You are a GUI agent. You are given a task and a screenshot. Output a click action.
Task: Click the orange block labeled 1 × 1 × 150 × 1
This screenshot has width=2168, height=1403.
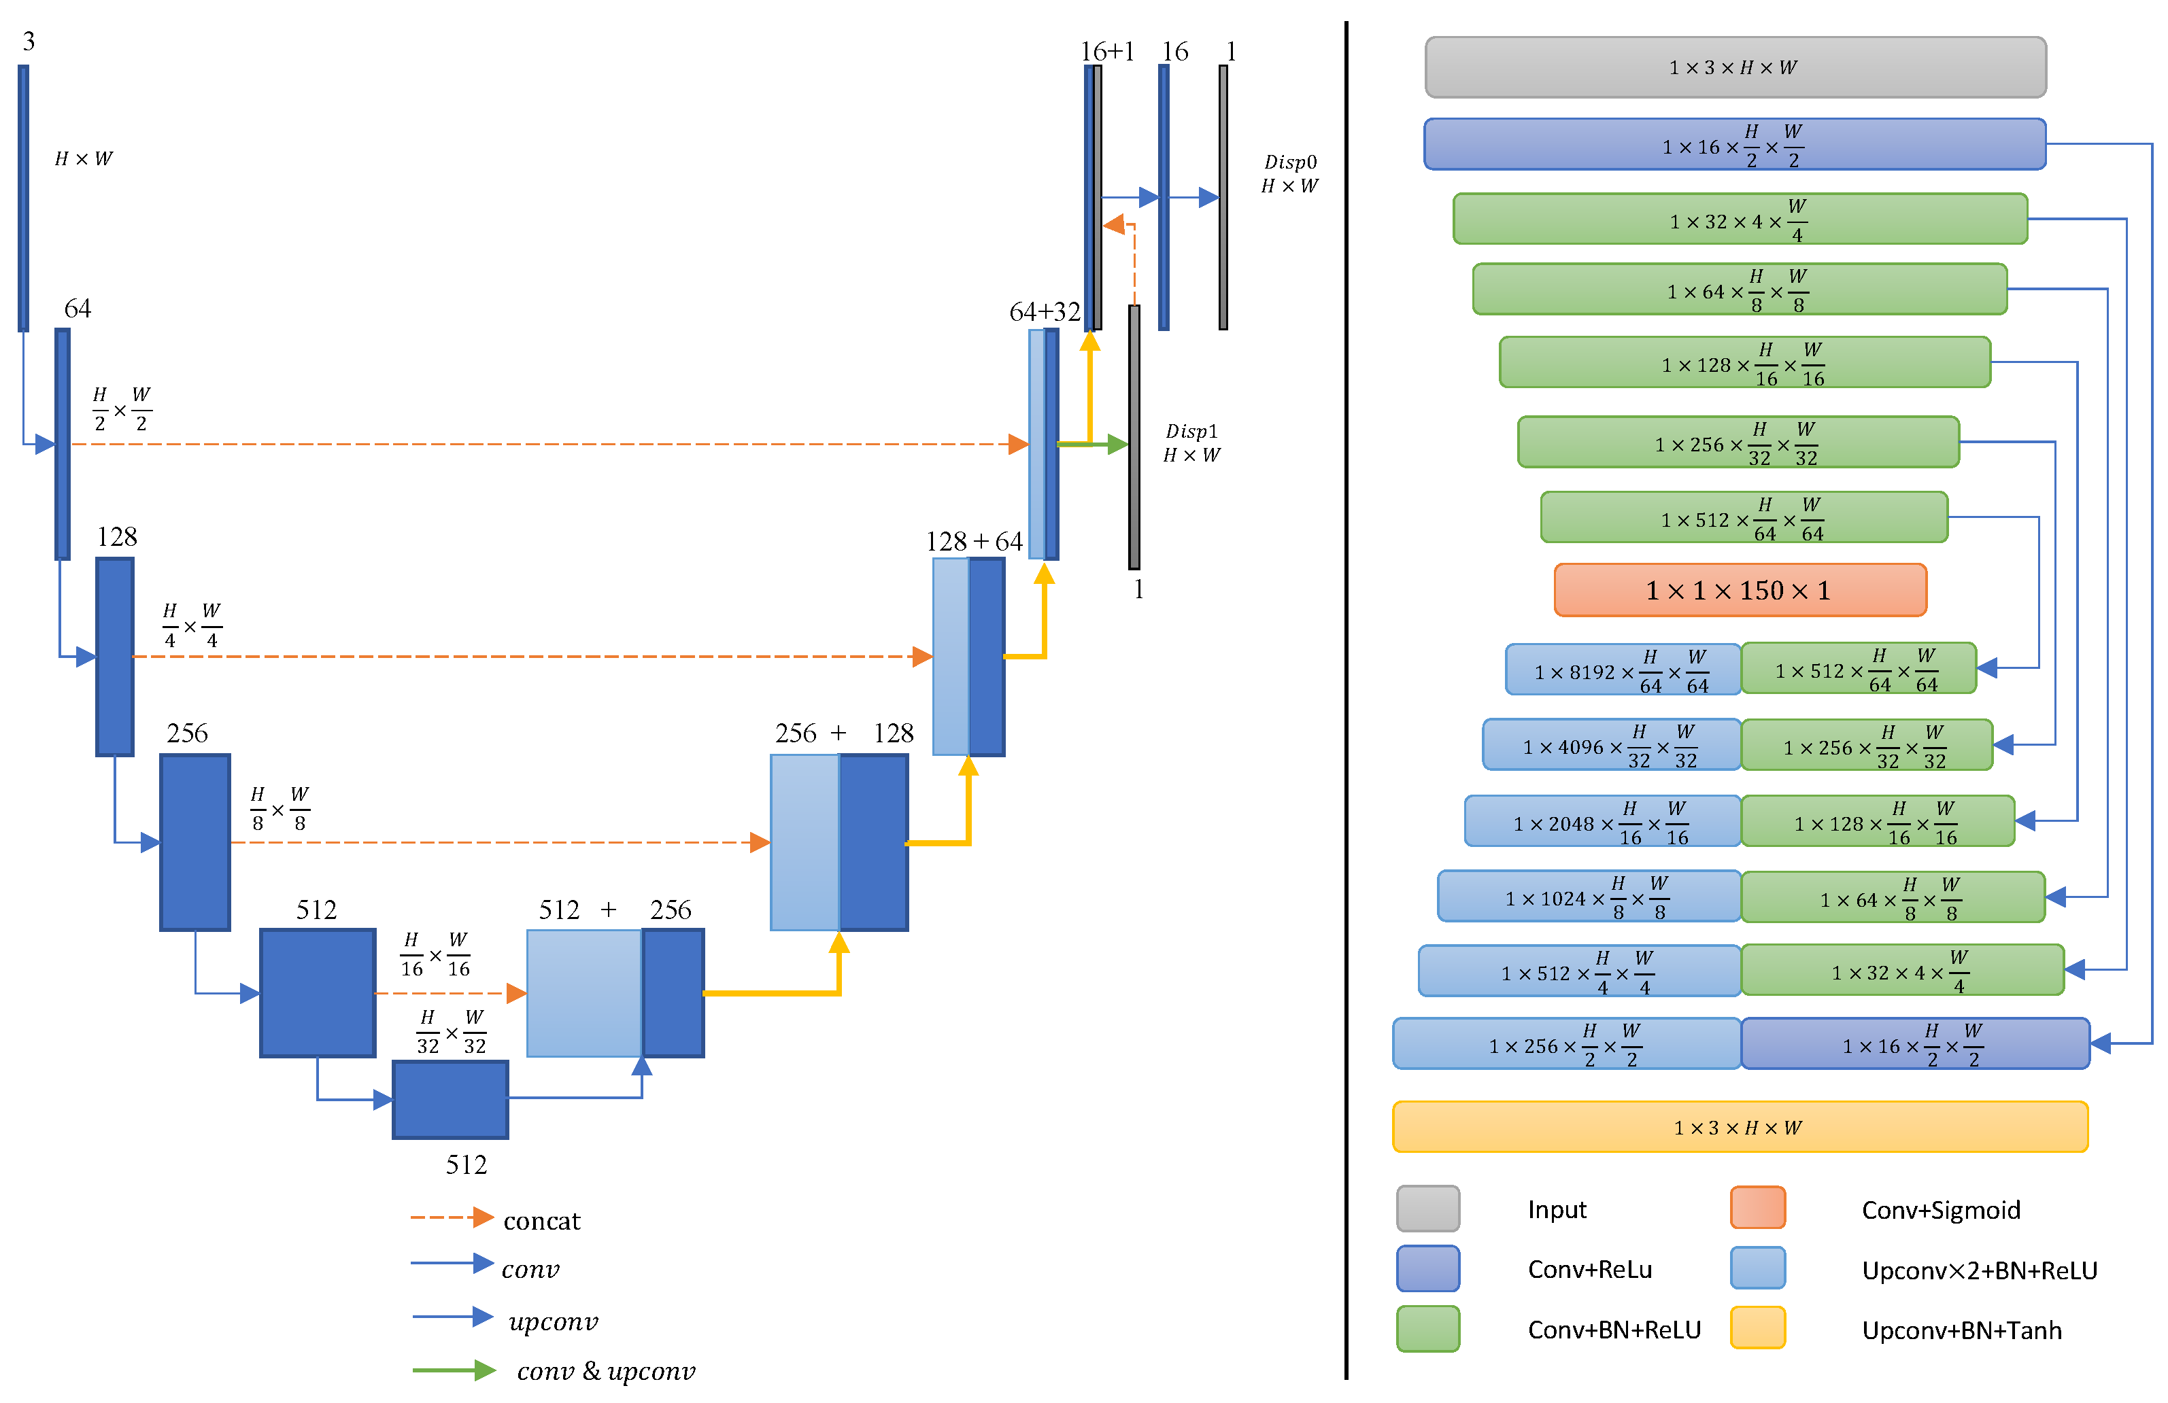pos(1740,590)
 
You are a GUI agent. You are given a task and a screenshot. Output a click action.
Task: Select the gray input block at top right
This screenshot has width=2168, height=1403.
pos(1735,67)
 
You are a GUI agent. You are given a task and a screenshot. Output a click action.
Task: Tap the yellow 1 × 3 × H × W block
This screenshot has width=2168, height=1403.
pos(1740,1127)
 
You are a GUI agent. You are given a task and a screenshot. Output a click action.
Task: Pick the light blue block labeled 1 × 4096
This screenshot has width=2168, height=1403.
pos(1612,746)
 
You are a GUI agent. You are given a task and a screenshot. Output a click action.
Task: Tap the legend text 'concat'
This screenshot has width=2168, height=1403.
pos(541,1221)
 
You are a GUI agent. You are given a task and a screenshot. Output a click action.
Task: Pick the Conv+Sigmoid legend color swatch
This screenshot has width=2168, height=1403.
pos(1757,1208)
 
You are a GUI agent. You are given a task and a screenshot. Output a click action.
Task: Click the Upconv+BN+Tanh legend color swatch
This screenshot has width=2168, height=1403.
pos(1757,1328)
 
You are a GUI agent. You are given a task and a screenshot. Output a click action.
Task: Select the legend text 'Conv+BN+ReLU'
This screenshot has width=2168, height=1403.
pos(1613,1330)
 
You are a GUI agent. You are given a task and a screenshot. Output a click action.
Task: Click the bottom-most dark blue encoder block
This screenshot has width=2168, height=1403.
pos(450,1100)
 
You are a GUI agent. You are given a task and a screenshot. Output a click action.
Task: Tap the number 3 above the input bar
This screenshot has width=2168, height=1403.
pos(29,41)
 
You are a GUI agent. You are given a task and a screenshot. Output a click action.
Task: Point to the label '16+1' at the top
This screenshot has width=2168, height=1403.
pos(1106,51)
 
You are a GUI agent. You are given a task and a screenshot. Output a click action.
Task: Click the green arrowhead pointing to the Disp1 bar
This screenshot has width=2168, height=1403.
pos(1118,445)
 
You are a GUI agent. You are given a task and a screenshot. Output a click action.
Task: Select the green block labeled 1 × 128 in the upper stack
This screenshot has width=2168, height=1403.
pos(1744,363)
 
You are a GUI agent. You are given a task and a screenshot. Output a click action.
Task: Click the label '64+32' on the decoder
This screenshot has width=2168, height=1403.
pos(1044,312)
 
